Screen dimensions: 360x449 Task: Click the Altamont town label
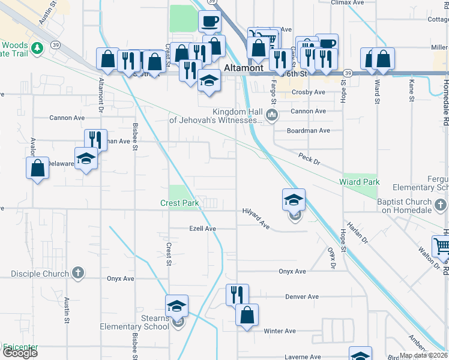click(244, 68)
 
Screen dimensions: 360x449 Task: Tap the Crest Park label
click(179, 203)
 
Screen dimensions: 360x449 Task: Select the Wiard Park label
click(360, 182)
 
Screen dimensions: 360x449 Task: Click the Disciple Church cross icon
click(77, 274)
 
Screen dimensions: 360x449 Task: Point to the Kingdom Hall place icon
click(272, 115)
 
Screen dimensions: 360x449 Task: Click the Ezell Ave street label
click(202, 229)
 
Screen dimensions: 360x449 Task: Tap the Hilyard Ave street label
click(257, 218)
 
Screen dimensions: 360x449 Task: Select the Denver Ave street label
click(302, 297)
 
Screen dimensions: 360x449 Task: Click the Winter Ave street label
click(280, 331)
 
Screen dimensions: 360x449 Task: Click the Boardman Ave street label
click(309, 130)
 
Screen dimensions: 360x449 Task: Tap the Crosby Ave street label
click(308, 92)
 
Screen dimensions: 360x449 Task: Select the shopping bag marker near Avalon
click(37, 167)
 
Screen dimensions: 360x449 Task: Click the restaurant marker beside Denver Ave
click(237, 294)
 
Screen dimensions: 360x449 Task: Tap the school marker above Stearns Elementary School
click(176, 305)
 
